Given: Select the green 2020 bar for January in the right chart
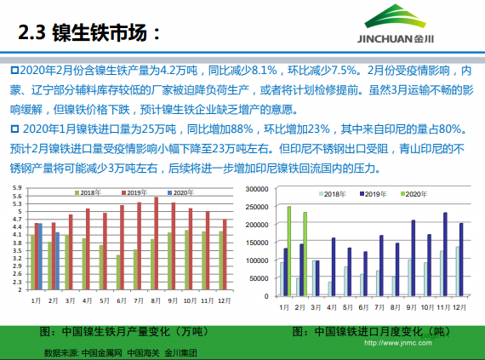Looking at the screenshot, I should (x=289, y=250).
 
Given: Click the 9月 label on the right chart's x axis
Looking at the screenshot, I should (x=412, y=306).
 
